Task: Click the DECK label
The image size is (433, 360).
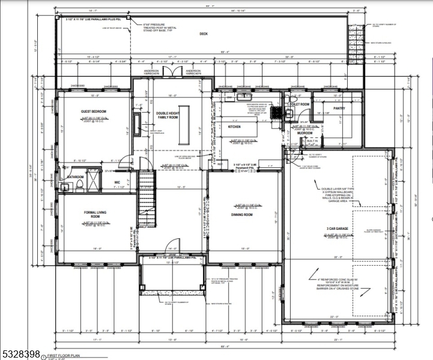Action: (x=203, y=34)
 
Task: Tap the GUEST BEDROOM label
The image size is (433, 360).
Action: (x=93, y=112)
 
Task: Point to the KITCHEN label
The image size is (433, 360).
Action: (x=234, y=127)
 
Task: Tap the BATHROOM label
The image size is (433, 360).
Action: (x=74, y=177)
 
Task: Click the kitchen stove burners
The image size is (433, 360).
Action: (x=276, y=112)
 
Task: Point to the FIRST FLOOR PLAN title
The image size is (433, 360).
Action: (x=67, y=356)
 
